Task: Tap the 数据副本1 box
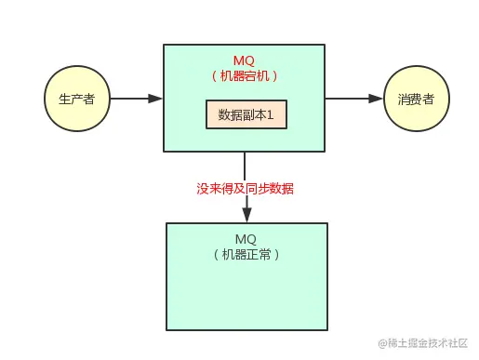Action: (245, 115)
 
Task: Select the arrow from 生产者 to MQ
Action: (130, 99)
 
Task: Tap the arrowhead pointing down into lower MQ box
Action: (246, 215)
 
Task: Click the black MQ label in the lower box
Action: (246, 239)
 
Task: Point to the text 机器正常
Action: (246, 254)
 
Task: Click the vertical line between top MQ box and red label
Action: (246, 165)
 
